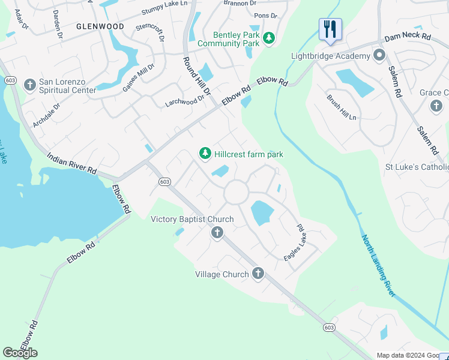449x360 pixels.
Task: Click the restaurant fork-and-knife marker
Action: (x=330, y=29)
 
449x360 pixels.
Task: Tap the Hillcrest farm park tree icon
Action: (x=205, y=154)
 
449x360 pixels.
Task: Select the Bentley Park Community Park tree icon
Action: (x=269, y=39)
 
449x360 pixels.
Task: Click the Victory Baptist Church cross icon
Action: (x=217, y=233)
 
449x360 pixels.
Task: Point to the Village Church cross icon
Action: (x=258, y=274)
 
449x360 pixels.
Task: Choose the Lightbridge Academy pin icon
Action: (x=379, y=56)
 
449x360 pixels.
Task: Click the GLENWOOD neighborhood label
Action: (x=100, y=27)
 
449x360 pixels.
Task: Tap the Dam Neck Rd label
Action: (x=408, y=37)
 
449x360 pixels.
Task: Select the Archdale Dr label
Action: (x=47, y=115)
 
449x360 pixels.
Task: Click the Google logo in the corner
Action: (x=20, y=353)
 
